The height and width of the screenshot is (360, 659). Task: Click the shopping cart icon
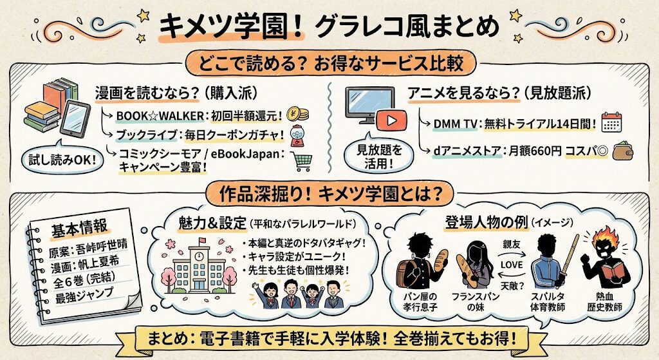(x=302, y=161)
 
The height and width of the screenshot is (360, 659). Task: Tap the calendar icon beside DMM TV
(x=611, y=122)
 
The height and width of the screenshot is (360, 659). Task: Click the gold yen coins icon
(x=299, y=115)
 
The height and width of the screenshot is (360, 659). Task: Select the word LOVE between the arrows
(x=512, y=264)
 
